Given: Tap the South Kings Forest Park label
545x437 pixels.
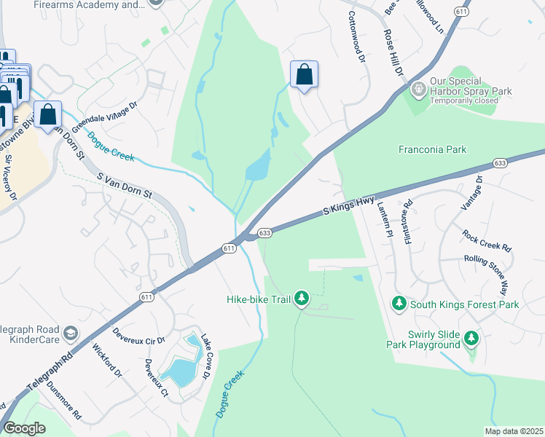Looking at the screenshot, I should click(465, 304).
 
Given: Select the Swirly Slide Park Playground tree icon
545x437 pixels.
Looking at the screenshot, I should click(471, 337).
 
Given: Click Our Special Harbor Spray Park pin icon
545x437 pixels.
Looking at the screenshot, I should click(418, 90).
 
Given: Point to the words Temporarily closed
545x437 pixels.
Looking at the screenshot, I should click(463, 101).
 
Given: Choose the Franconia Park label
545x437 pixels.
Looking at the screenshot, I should click(432, 149).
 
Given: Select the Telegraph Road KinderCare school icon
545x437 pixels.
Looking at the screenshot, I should click(71, 334).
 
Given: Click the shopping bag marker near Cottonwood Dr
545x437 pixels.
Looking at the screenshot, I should click(304, 75).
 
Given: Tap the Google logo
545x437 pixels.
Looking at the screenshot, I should click(25, 429).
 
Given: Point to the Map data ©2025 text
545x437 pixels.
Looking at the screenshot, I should click(514, 431).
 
